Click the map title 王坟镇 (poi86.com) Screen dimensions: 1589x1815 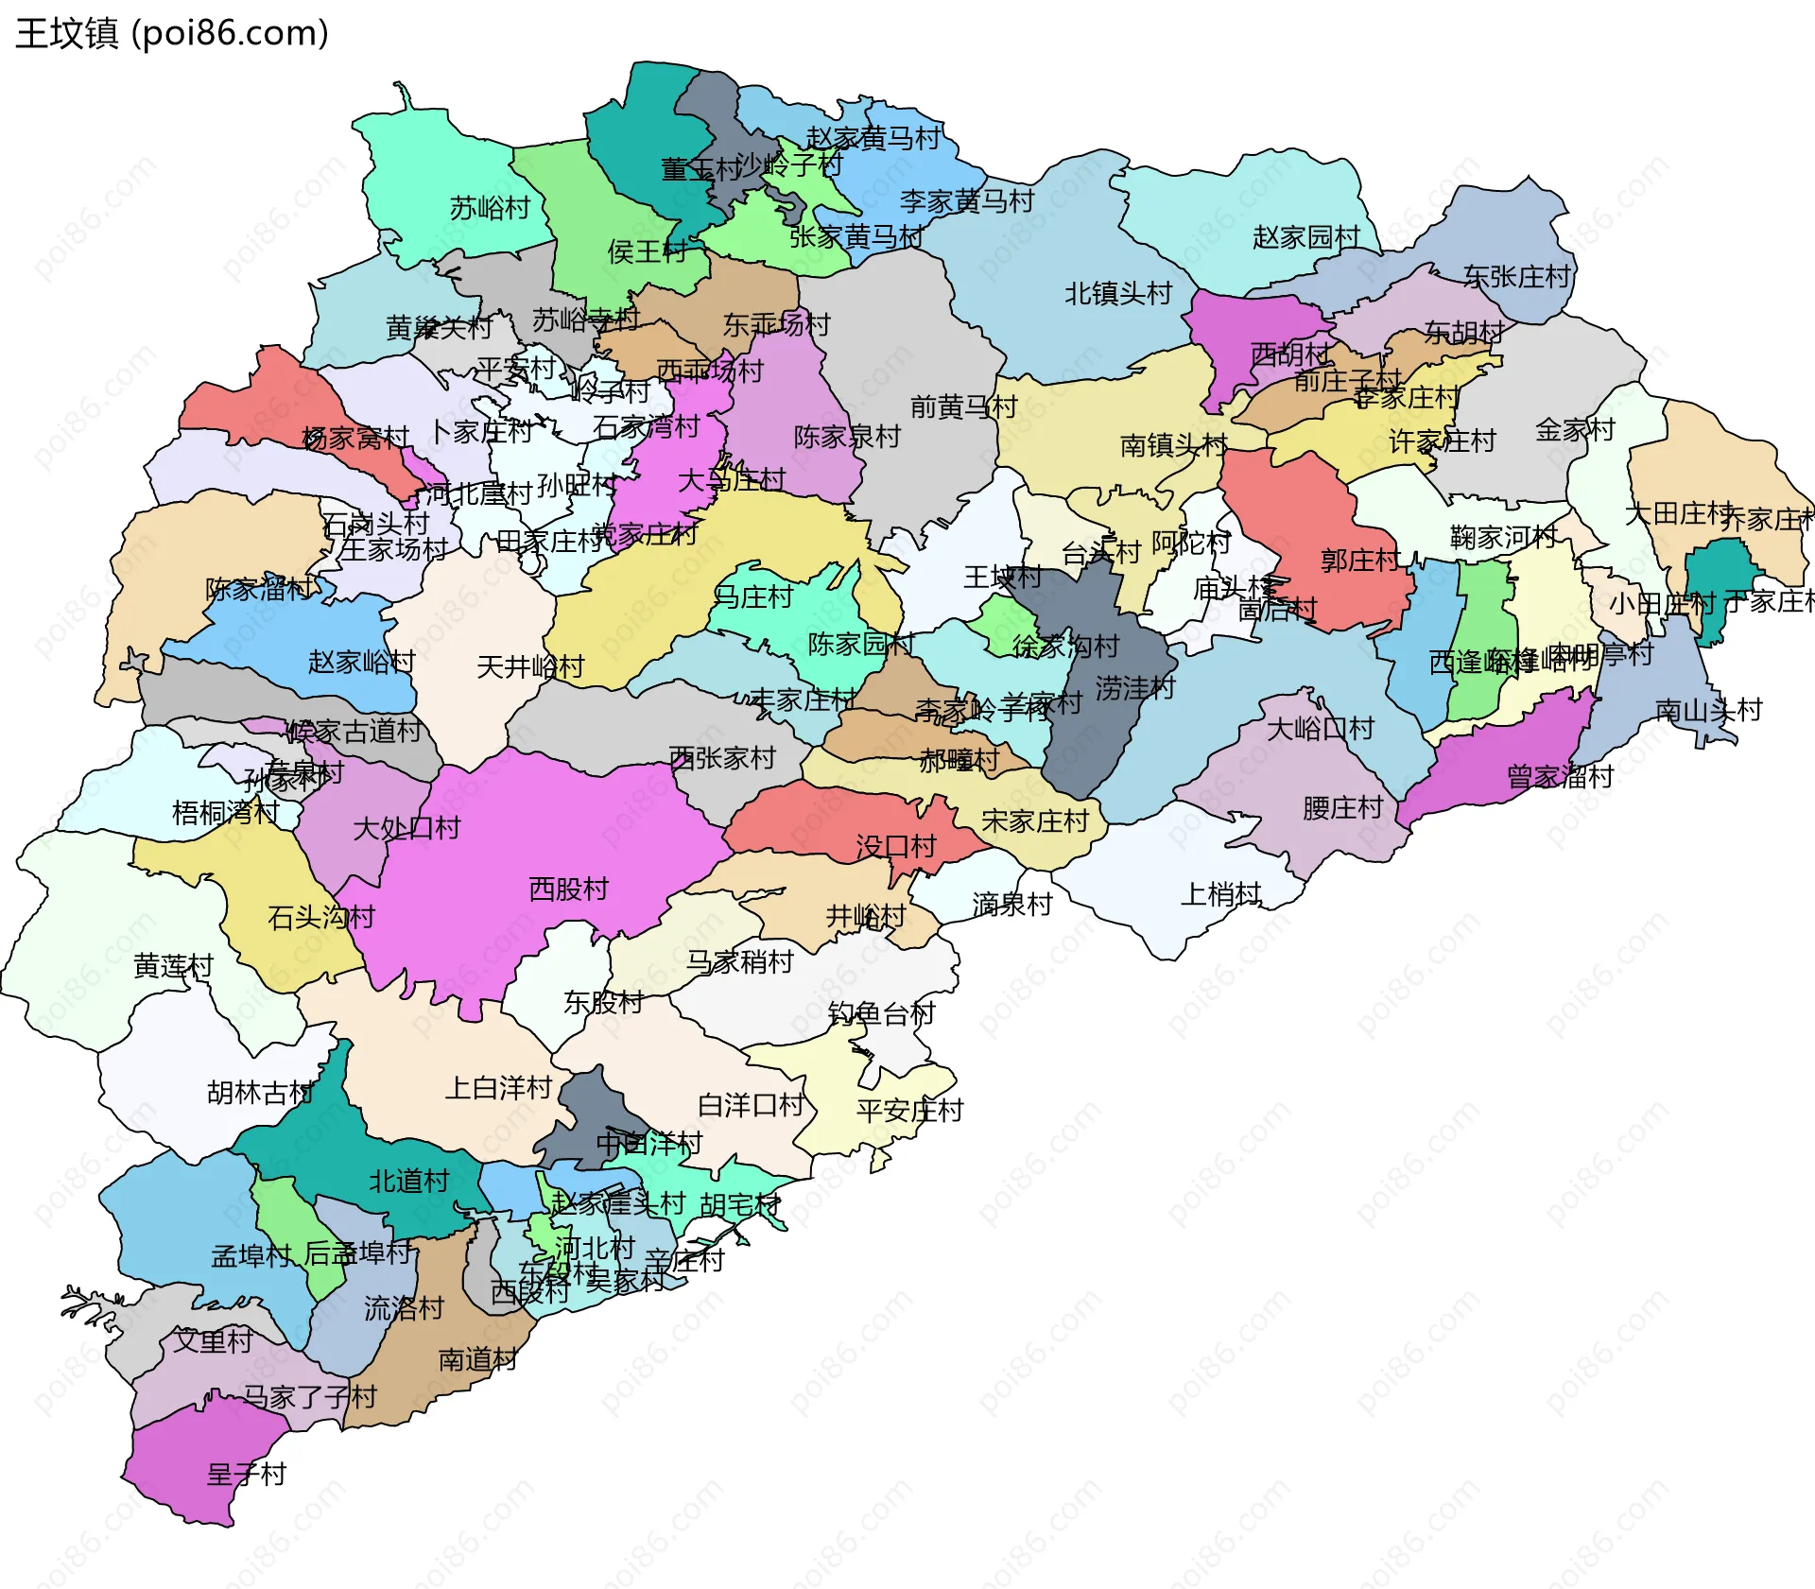172,33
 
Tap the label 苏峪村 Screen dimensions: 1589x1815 490,208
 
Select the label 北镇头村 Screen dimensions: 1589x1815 1117,294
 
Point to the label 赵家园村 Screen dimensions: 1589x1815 1305,237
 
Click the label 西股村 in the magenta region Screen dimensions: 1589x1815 568,889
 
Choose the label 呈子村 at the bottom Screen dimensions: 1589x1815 246,1475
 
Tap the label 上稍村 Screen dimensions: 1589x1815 1221,894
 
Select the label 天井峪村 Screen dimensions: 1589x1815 530,667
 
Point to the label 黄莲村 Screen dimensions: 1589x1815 173,966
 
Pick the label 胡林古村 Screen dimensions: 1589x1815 260,1093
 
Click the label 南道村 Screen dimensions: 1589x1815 477,1359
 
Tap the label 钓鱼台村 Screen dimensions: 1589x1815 881,1013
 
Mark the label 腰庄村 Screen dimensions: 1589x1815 1342,808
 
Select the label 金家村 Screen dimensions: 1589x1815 1575,430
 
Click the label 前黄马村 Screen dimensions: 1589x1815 963,407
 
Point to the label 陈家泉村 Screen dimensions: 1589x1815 847,437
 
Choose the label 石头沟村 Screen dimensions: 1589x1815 321,917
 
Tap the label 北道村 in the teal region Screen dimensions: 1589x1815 408,1181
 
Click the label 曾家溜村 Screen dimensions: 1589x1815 1560,777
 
